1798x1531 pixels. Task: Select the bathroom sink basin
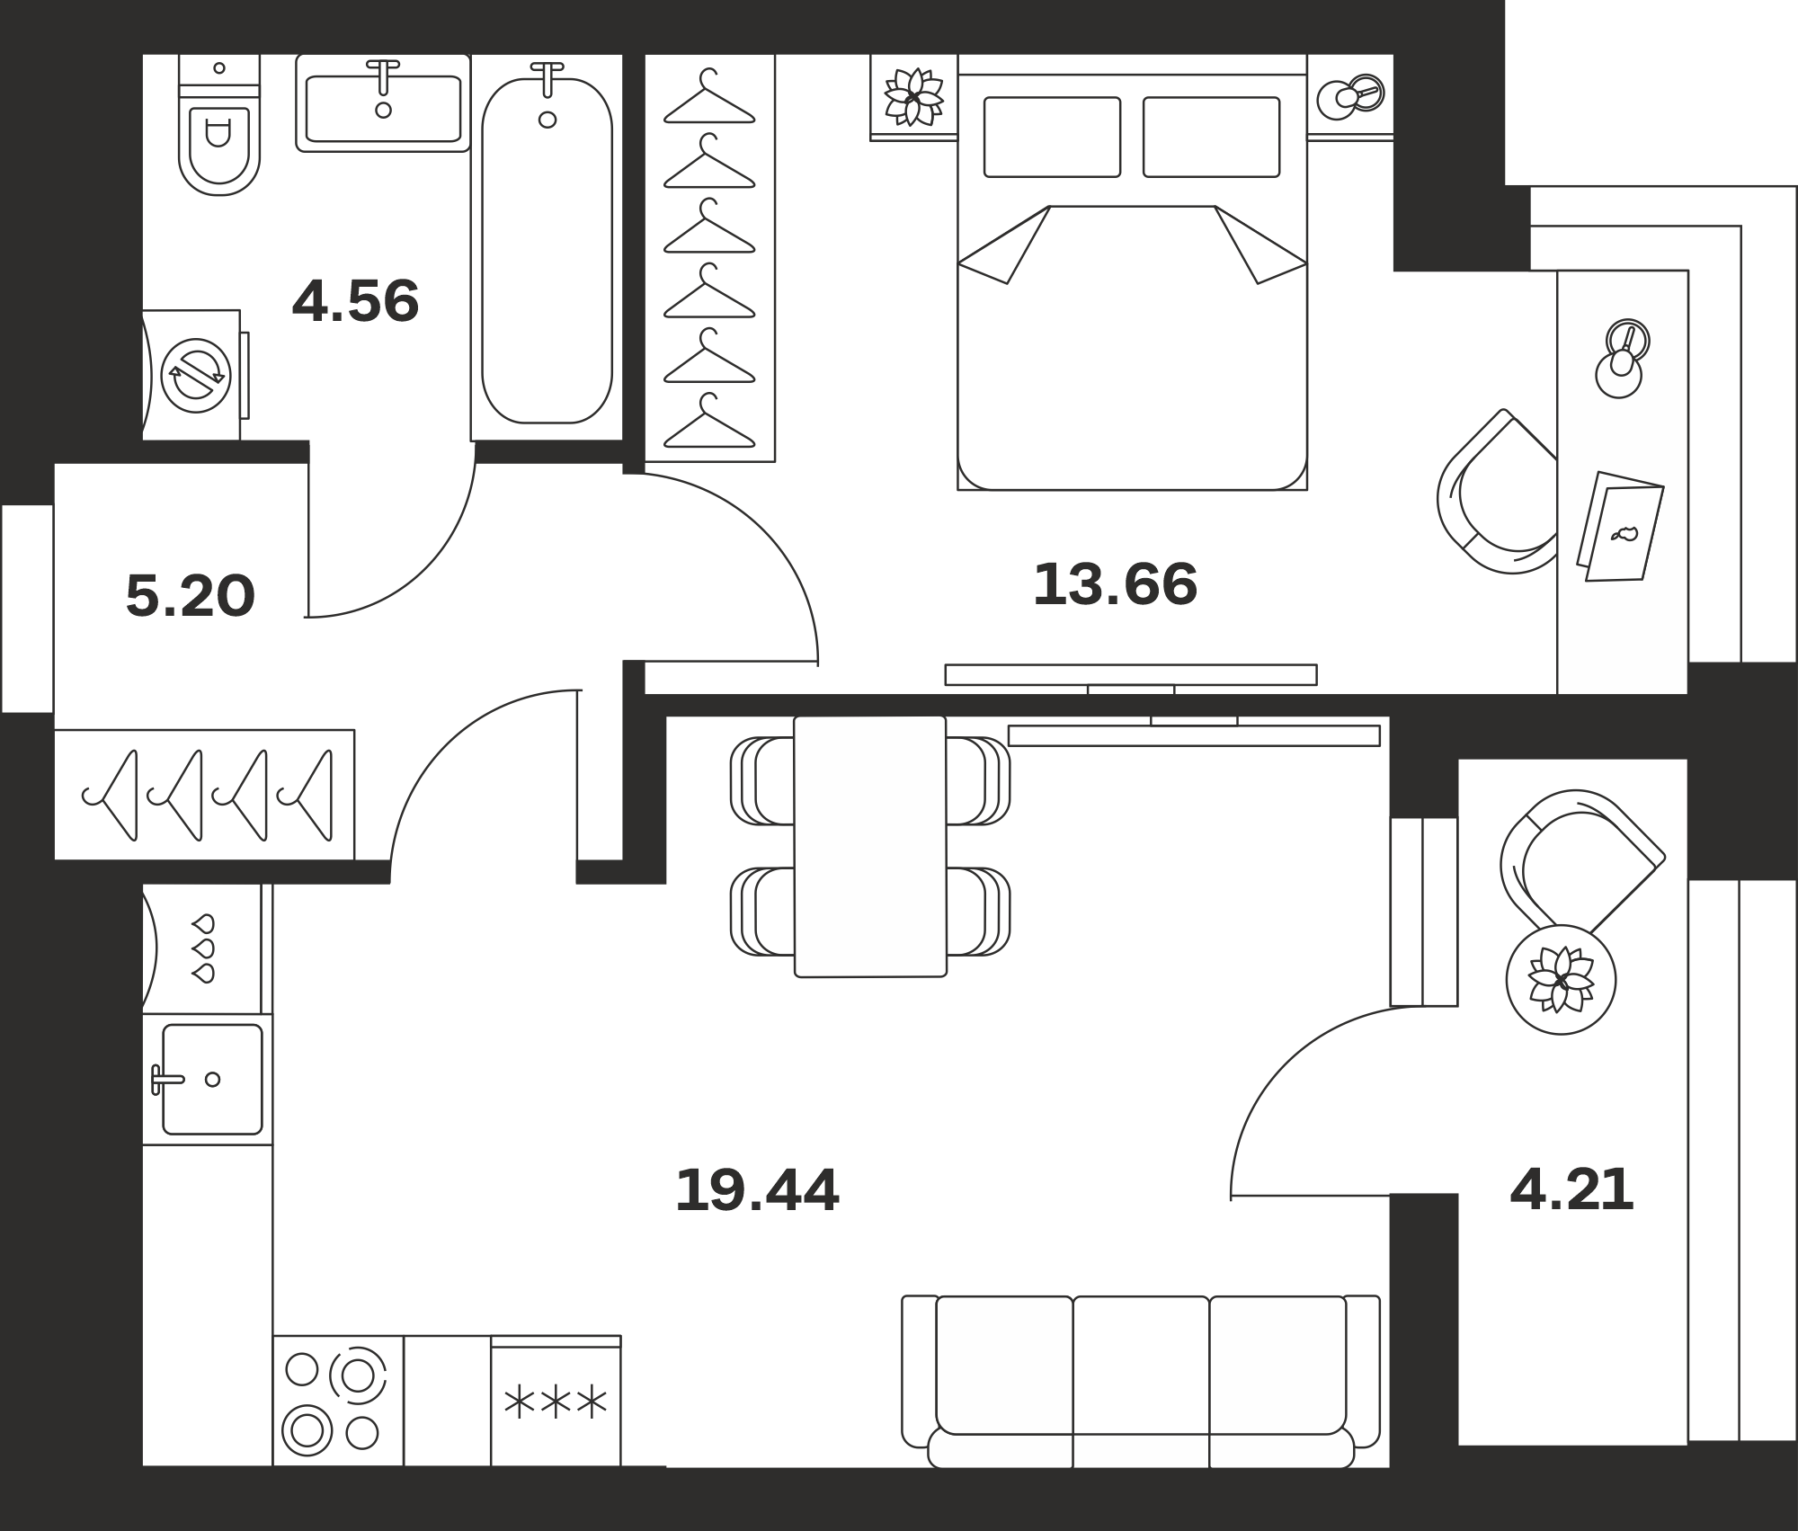(x=383, y=109)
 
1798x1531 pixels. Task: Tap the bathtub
(x=547, y=250)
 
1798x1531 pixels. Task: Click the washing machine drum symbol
(x=196, y=376)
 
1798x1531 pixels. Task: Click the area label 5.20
(x=191, y=595)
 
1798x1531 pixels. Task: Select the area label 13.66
(x=1115, y=583)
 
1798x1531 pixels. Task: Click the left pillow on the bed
(x=1052, y=137)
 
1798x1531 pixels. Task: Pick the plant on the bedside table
(x=913, y=96)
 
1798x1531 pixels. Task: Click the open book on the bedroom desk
(x=1620, y=526)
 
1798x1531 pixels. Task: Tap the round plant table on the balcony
(x=1561, y=979)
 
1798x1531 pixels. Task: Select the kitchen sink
(x=212, y=1079)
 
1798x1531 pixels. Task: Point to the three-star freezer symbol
(x=556, y=1403)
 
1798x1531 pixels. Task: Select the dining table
(x=870, y=846)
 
